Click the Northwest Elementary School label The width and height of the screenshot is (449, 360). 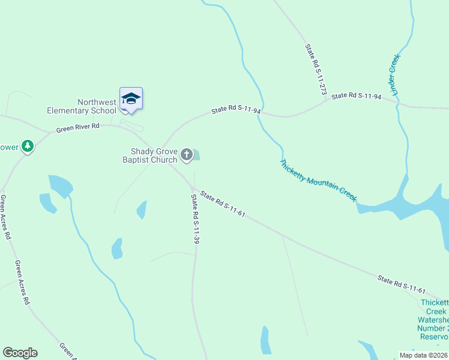click(82, 106)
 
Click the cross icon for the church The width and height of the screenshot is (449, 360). click(187, 155)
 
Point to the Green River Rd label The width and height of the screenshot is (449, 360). click(77, 128)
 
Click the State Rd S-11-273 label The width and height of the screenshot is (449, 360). click(315, 70)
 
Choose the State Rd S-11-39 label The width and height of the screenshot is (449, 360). click(195, 218)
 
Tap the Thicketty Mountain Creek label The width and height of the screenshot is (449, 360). click(318, 180)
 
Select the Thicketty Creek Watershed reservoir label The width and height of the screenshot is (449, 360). click(433, 320)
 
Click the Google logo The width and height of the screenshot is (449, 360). click(20, 353)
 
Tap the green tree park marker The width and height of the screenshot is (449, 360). click(27, 146)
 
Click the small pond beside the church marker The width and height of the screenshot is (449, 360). click(196, 155)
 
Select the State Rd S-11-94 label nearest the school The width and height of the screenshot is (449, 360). click(236, 110)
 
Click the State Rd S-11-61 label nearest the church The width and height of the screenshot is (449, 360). click(223, 204)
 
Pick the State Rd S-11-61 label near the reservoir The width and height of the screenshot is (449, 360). click(402, 284)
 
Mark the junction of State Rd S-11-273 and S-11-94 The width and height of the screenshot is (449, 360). click(326, 100)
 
